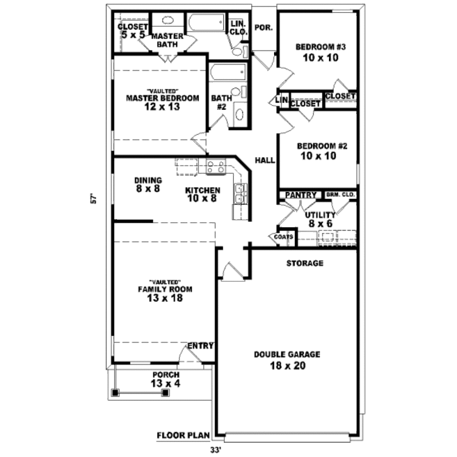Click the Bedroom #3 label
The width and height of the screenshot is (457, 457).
(x=320, y=47)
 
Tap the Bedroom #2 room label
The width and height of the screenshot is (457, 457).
(x=322, y=146)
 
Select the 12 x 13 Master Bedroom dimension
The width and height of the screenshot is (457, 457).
(x=162, y=107)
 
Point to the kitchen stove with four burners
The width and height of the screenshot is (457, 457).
(x=216, y=167)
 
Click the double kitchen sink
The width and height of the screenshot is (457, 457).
(x=241, y=194)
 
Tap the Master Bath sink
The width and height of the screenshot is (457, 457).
(x=167, y=20)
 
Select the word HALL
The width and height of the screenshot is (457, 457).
(x=265, y=160)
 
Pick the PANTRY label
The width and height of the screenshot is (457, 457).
(x=301, y=195)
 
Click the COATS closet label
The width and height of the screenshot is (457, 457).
(x=283, y=237)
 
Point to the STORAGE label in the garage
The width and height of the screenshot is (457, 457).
(x=305, y=263)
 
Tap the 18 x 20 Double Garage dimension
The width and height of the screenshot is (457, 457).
(x=288, y=366)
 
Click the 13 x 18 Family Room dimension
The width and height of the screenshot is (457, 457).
(x=165, y=298)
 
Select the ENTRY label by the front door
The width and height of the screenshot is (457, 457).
(x=200, y=346)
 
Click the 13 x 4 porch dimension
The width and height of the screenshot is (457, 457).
(x=166, y=383)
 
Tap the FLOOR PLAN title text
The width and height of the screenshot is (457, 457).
(x=183, y=436)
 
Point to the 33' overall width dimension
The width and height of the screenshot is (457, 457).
(x=215, y=450)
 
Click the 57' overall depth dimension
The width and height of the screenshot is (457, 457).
(x=94, y=198)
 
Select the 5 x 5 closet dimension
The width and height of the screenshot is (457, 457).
(x=133, y=35)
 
